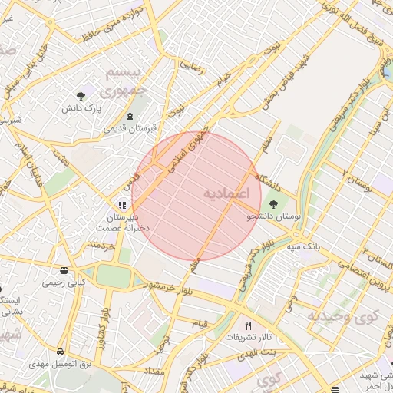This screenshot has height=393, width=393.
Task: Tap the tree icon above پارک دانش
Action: [x=81, y=96]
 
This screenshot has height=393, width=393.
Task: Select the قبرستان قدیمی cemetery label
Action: [x=130, y=128]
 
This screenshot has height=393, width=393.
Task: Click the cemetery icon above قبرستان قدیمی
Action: [x=130, y=116]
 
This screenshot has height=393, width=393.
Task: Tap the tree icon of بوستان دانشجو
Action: [x=274, y=203]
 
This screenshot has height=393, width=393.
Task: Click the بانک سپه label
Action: [x=302, y=247]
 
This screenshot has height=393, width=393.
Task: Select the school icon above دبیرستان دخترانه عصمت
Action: [x=121, y=205]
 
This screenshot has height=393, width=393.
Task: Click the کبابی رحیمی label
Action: [x=61, y=282]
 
